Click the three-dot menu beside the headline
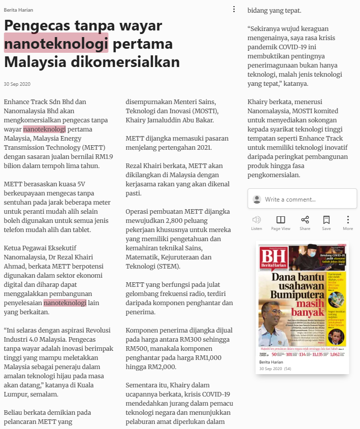click(234, 9)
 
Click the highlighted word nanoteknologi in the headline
click(56, 44)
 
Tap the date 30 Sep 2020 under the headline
click(17, 84)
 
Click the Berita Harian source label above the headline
click(19, 10)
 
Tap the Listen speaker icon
click(256, 220)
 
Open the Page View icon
click(280, 220)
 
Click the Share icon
click(305, 220)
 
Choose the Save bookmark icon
click(326, 220)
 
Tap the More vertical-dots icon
click(348, 220)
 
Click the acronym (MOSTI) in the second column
click(203, 111)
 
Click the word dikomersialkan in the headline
click(127, 62)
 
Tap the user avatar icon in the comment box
click(257, 200)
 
